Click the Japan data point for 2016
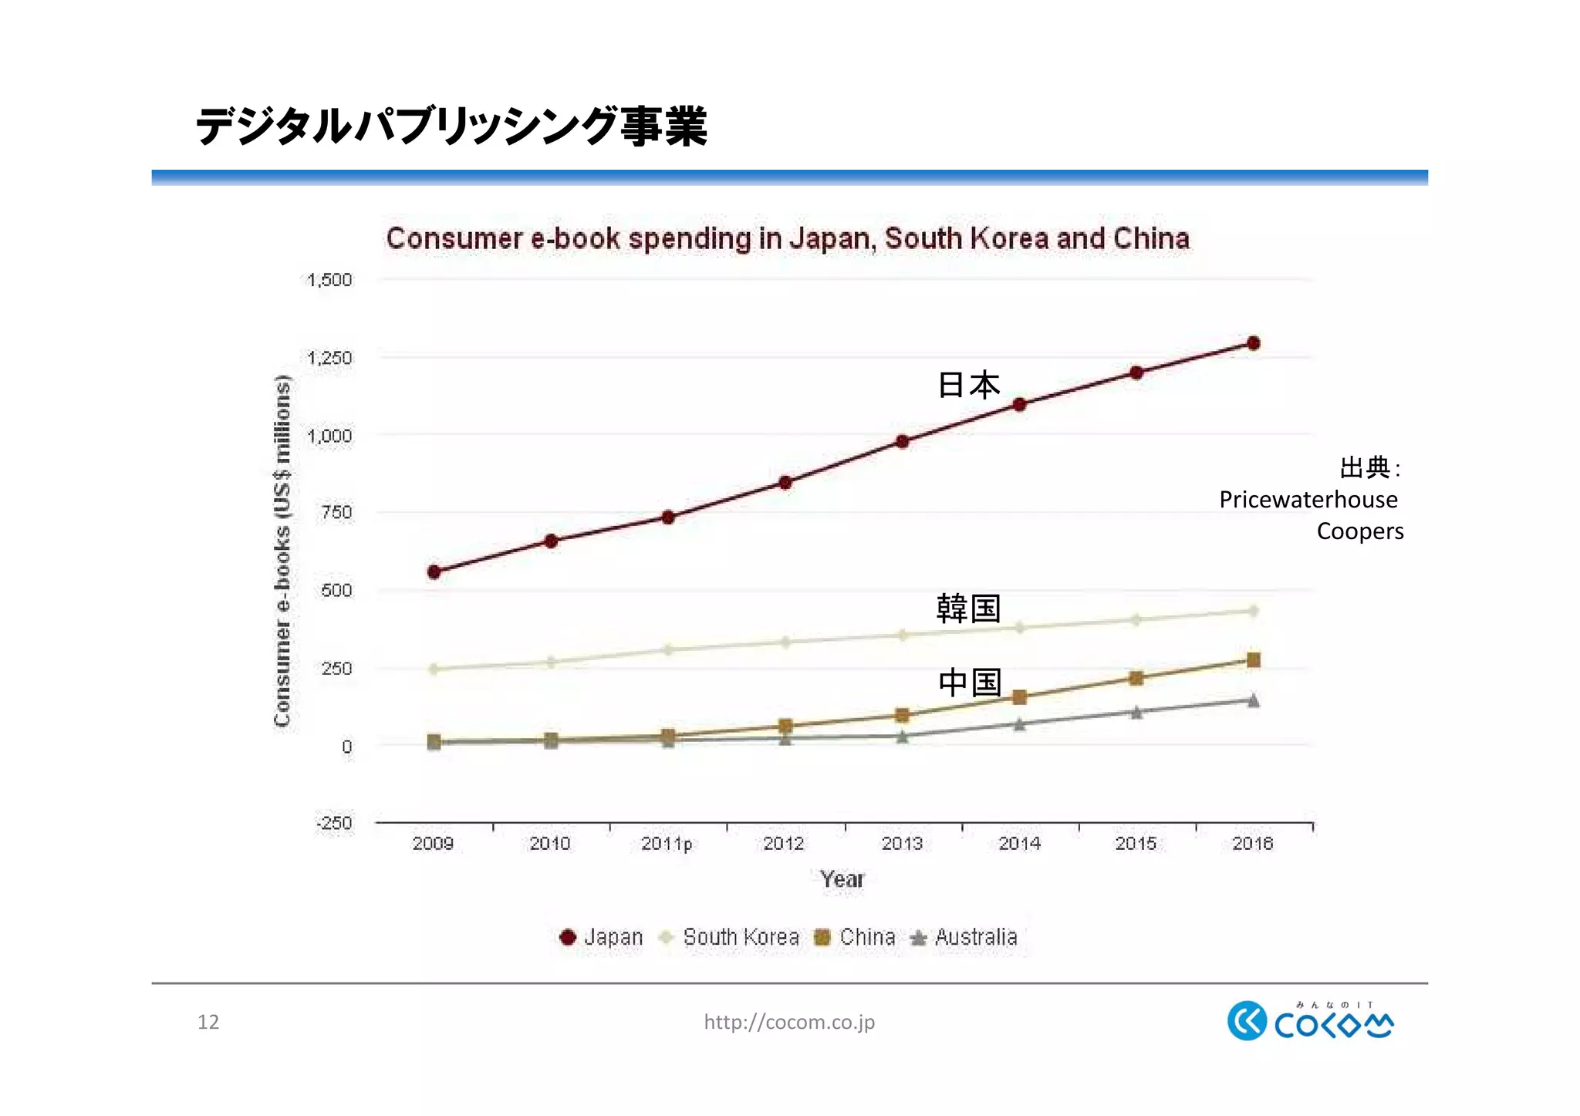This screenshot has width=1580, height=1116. pyautogui.click(x=1253, y=343)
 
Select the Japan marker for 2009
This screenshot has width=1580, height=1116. pyautogui.click(x=434, y=571)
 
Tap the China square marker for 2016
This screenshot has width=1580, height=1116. pyautogui.click(x=1253, y=659)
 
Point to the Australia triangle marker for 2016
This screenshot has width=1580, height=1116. pyautogui.click(x=1253, y=700)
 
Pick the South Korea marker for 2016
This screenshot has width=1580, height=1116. pyautogui.click(x=1253, y=611)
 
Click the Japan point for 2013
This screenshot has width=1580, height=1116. pyautogui.click(x=902, y=441)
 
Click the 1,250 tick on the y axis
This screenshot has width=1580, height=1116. pyautogui.click(x=329, y=358)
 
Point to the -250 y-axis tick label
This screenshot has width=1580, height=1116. pyautogui.click(x=334, y=823)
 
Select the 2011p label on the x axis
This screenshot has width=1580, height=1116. pyautogui.click(x=667, y=844)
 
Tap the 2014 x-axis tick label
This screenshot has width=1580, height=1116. pyautogui.click(x=1019, y=844)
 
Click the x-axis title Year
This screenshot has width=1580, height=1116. pyautogui.click(x=842, y=879)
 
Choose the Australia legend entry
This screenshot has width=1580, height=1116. pyautogui.click(x=964, y=937)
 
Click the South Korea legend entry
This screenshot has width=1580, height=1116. pyautogui.click(x=729, y=937)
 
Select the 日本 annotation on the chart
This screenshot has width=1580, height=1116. pyautogui.click(x=968, y=384)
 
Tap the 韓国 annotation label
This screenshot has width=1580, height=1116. pyautogui.click(x=968, y=609)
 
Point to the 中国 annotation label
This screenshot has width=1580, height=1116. pyautogui.click(x=970, y=683)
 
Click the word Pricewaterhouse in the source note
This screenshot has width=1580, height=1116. pyautogui.click(x=1308, y=500)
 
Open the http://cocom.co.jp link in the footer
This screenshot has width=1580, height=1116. pyautogui.click(x=788, y=1022)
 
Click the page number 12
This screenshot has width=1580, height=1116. pyautogui.click(x=208, y=1022)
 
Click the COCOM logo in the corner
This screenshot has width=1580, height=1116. pyautogui.click(x=1310, y=1021)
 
